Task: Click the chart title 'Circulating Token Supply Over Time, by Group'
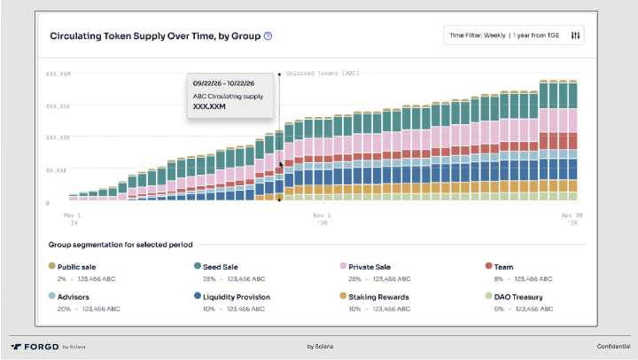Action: coord(155,36)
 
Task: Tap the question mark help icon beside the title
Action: coord(268,36)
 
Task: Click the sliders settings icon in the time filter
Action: coord(575,35)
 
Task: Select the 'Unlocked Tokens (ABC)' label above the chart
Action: coord(322,73)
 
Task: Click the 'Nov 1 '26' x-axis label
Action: coord(321,219)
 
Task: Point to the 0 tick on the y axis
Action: coord(48,203)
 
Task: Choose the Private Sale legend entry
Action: coord(370,266)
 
